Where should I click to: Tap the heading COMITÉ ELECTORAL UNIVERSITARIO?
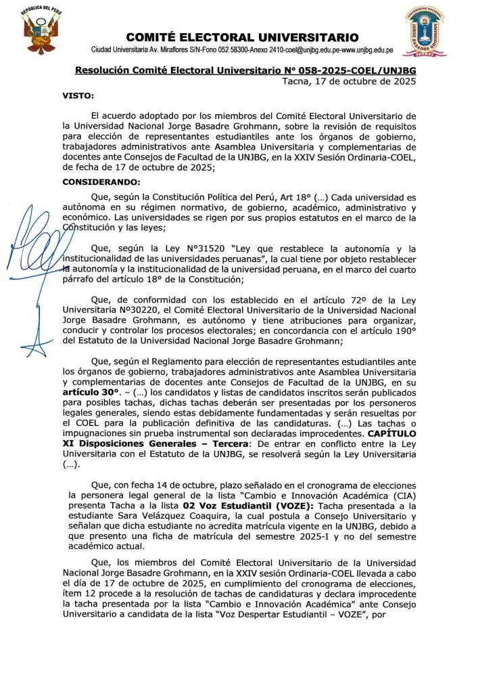point(242,37)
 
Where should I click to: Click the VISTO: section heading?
point(78,95)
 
